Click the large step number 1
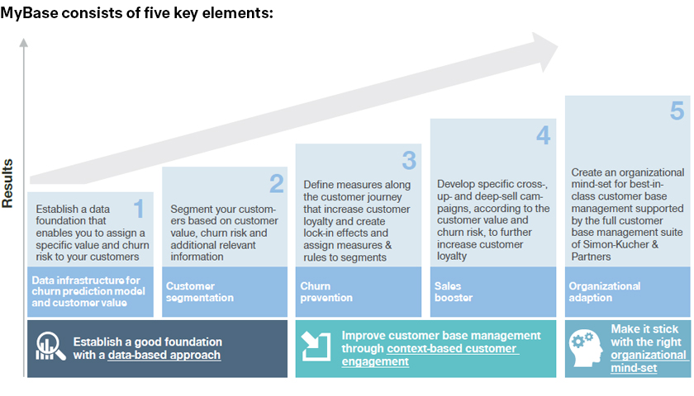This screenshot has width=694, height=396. tap(139, 208)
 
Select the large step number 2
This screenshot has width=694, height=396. tap(277, 183)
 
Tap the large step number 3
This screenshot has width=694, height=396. tap(409, 160)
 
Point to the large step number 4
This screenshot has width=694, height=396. tap(544, 134)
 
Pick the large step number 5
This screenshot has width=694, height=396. tap(677, 111)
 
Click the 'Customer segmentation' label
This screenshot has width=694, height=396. tap(200, 292)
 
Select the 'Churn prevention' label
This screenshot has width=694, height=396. tap(326, 292)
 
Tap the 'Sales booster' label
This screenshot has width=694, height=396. tap(454, 292)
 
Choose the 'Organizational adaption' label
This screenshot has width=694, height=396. tap(605, 292)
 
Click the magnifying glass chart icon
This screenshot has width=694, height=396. tap(50, 346)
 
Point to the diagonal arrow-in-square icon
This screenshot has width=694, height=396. tap(316, 346)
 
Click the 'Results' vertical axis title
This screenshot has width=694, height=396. tap(7, 183)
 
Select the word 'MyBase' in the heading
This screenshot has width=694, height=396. tap(29, 13)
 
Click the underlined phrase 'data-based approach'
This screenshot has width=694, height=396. tap(164, 355)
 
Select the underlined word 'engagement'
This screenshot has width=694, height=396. tap(375, 361)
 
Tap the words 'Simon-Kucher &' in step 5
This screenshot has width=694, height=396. tap(620, 244)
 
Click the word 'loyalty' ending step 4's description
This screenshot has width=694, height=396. tap(452, 257)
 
